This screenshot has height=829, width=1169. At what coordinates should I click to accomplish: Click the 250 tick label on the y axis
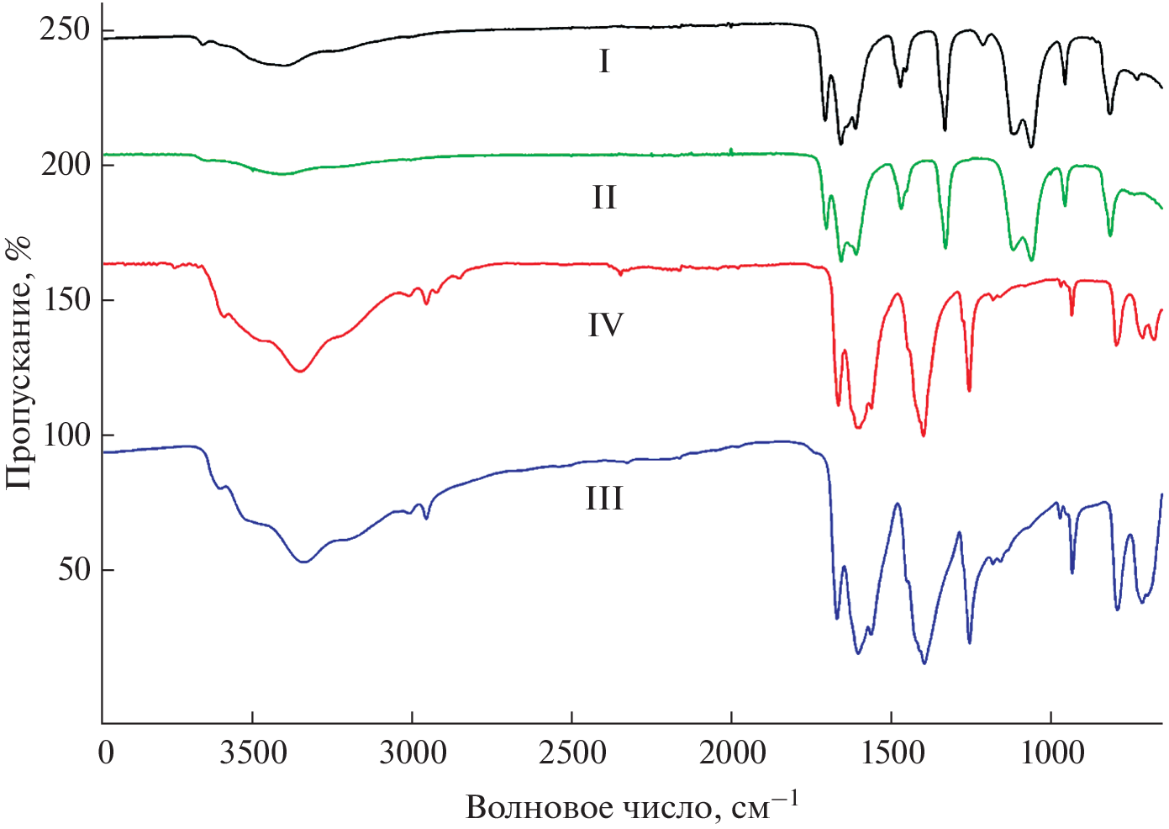click(x=64, y=29)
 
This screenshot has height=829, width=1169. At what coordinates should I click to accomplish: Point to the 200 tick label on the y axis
click(x=64, y=164)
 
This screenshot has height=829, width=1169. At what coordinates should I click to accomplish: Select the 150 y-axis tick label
click(x=64, y=299)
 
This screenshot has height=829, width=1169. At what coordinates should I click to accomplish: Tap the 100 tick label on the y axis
click(x=64, y=435)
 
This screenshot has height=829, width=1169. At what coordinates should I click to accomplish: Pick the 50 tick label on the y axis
click(x=74, y=569)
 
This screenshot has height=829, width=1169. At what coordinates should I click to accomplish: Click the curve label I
click(x=604, y=61)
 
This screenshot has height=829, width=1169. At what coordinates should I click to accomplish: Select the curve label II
click(x=604, y=198)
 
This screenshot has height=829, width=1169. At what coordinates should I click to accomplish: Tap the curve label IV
click(x=605, y=325)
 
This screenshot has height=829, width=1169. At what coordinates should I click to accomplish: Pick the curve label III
click(x=604, y=499)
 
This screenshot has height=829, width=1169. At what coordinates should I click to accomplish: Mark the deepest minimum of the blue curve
click(x=924, y=663)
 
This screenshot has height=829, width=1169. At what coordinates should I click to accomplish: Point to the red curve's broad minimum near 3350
click(x=299, y=371)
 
